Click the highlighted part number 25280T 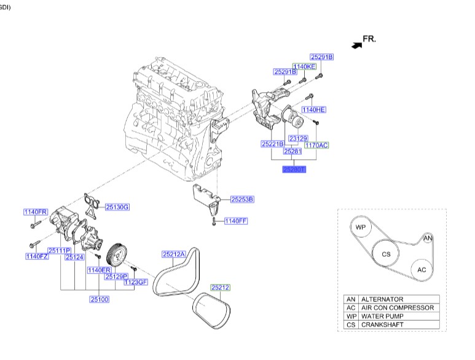point(294,168)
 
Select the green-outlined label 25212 point(220,287)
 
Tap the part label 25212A point(173,254)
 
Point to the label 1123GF point(136,282)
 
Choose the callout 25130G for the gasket point(117,207)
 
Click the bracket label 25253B point(242,199)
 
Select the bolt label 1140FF point(235,221)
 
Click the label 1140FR point(36,212)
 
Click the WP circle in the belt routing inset point(361,227)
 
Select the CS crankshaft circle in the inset point(385,253)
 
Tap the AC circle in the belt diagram point(421,269)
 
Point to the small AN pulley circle point(428,238)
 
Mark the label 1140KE point(304,66)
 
